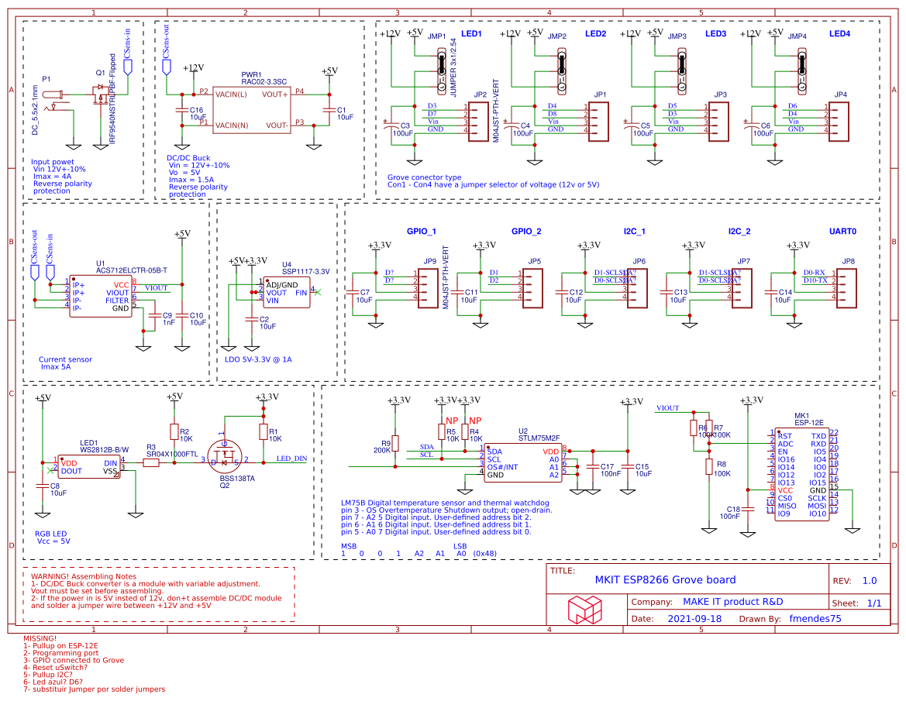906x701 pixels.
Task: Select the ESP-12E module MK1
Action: (x=801, y=474)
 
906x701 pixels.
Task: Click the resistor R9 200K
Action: (x=396, y=443)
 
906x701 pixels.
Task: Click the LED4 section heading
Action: (x=839, y=34)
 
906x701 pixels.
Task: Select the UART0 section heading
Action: (x=842, y=232)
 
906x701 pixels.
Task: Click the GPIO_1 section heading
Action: (x=421, y=232)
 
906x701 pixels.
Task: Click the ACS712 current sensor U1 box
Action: (x=100, y=296)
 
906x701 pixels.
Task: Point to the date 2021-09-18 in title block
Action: (x=694, y=619)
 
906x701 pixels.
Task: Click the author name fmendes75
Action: (x=815, y=619)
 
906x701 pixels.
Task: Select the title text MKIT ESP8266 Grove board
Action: (x=665, y=579)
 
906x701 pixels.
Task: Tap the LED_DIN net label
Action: (x=291, y=459)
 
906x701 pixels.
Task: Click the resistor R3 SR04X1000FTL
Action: (x=151, y=462)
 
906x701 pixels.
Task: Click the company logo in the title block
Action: (x=584, y=609)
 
